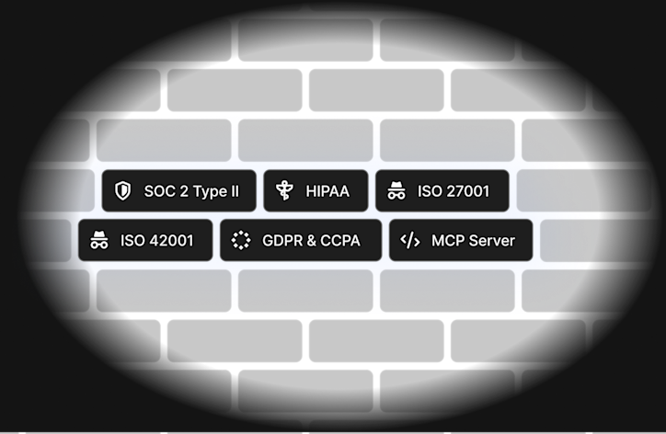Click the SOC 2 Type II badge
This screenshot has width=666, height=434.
[x=178, y=190]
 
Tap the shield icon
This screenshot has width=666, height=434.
[x=122, y=190]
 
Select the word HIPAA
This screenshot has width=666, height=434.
[x=327, y=191]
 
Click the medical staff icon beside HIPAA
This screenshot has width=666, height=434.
[x=284, y=190]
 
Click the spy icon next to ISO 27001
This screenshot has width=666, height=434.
[x=396, y=190]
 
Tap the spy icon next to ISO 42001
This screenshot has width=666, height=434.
[x=99, y=240]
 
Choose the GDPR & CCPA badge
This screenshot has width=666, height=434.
[x=301, y=240]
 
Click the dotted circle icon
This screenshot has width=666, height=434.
[x=241, y=240]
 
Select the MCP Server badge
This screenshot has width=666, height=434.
[x=461, y=240]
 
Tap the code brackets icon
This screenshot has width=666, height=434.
[x=410, y=240]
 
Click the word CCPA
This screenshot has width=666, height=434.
[x=340, y=240]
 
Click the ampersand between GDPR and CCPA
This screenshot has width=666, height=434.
[x=311, y=241]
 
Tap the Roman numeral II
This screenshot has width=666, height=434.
[x=235, y=191]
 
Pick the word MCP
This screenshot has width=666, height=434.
[x=447, y=240]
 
